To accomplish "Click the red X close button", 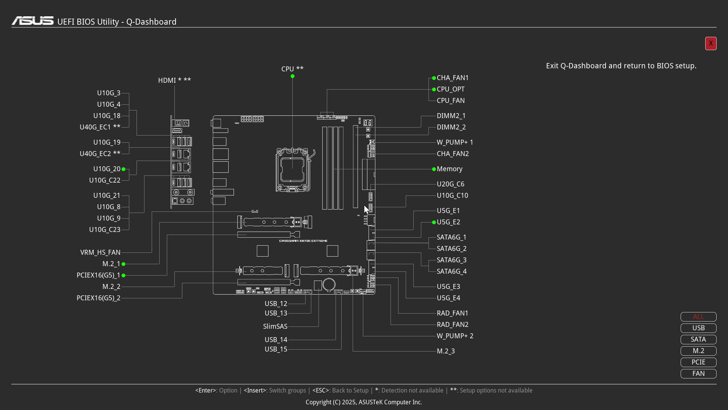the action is tap(711, 43).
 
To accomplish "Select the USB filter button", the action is tap(698, 328).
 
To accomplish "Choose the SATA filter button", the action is tap(698, 339).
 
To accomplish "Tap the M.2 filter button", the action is tap(698, 351).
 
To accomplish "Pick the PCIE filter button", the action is tap(698, 362).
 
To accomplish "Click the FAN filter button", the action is tap(698, 374).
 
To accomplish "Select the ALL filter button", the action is tap(698, 317).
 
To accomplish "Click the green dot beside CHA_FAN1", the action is tap(434, 78).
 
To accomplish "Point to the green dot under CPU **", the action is tap(292, 76).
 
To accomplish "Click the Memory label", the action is tap(449, 169).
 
